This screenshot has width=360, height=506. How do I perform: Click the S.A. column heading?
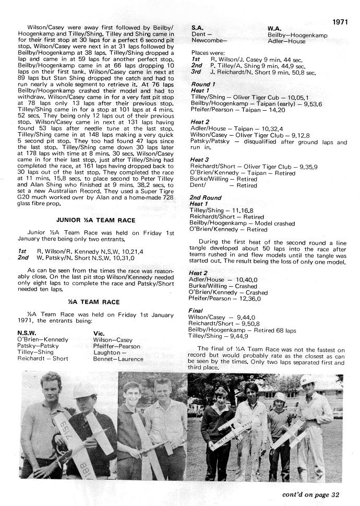click(198, 27)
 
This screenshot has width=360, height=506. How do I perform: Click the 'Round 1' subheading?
click(203, 84)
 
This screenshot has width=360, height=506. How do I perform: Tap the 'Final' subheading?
click(197, 311)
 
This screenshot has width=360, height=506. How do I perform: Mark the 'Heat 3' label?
click(200, 159)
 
